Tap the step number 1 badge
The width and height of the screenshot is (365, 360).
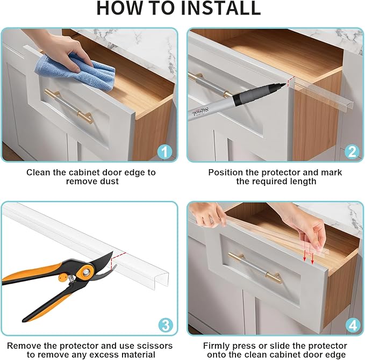163,152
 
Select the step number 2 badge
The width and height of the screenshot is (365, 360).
352,152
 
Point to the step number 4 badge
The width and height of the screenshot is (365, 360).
352,325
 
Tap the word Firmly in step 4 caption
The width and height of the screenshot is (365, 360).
217,345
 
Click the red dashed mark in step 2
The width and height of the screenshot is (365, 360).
290,82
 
